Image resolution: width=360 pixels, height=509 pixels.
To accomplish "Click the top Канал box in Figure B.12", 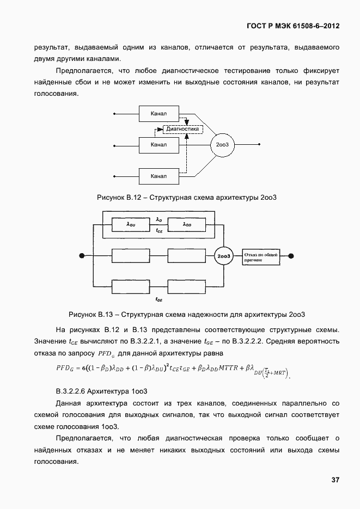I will [x=158, y=114].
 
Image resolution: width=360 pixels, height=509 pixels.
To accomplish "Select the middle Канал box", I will [x=158, y=145].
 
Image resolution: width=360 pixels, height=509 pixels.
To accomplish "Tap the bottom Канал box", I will [x=158, y=176].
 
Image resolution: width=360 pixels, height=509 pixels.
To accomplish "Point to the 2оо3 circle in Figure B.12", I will [x=222, y=145].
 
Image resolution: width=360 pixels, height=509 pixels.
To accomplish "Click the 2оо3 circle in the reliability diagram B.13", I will [x=222, y=255].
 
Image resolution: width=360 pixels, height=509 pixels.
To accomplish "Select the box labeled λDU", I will [x=131, y=224].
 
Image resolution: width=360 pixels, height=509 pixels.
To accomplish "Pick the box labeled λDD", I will [x=187, y=224].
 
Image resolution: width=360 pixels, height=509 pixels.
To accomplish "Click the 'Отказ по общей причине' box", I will [x=261, y=256].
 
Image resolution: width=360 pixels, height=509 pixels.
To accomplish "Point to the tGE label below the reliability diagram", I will [x=159, y=299].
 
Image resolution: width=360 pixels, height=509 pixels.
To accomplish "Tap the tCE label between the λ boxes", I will [x=159, y=231].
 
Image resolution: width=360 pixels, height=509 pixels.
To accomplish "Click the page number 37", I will [x=335, y=480].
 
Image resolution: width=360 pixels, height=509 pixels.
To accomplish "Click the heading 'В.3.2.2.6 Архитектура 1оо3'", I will [x=102, y=391].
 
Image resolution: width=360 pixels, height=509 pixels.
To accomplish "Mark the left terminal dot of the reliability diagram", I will [x=82, y=255].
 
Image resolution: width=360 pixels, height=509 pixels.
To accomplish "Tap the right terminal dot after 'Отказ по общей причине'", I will [x=291, y=255].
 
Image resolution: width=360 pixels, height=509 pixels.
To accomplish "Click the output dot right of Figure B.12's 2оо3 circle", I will [x=259, y=145].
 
